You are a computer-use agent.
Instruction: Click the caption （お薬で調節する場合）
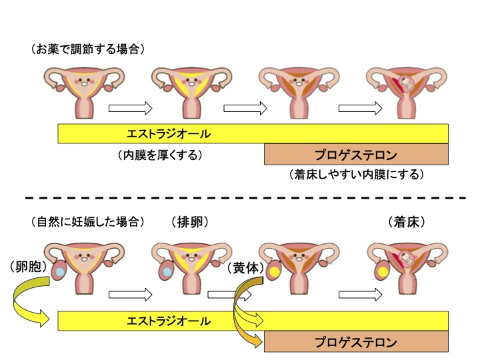click(87, 49)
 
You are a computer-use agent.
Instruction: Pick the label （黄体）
click(246, 267)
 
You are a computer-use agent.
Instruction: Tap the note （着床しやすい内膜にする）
click(357, 175)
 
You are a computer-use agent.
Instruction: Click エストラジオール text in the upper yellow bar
click(168, 134)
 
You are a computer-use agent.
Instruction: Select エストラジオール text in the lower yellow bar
click(168, 321)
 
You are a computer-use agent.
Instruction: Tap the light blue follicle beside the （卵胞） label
click(59, 273)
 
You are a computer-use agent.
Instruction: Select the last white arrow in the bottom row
click(361, 294)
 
